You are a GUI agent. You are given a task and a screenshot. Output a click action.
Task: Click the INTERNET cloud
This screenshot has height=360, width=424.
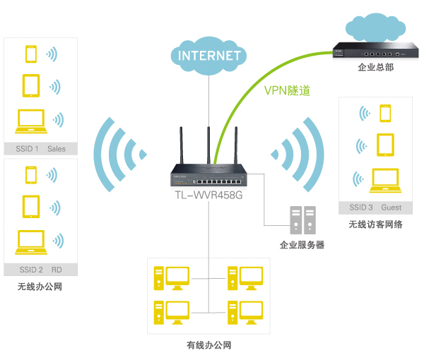[209, 55]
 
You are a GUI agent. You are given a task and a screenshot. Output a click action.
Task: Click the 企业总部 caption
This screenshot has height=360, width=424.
[371, 68]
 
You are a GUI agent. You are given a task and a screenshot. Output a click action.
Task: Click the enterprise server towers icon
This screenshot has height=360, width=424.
[301, 220]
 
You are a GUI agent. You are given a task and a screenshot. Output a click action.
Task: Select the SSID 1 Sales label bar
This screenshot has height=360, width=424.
[40, 149]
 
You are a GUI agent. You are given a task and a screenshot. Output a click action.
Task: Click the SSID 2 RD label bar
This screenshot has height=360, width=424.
[40, 270]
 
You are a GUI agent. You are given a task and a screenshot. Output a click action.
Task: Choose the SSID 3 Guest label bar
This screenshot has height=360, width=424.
[375, 208]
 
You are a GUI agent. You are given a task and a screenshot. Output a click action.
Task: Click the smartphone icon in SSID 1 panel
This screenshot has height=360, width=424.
[30, 54]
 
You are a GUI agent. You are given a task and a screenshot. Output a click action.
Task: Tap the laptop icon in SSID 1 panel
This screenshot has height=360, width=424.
[30, 121]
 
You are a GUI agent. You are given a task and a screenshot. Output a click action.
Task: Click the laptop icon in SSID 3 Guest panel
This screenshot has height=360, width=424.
[385, 181]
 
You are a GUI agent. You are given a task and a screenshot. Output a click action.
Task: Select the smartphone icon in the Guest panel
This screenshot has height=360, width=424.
[385, 113]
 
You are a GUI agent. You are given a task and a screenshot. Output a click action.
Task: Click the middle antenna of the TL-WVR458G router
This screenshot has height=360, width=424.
[209, 145]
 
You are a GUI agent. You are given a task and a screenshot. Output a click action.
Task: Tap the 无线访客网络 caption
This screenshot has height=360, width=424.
[375, 224]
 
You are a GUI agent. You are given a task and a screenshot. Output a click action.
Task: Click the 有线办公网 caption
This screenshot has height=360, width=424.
[208, 345]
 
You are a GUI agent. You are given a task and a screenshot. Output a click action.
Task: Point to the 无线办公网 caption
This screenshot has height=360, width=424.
[40, 287]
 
